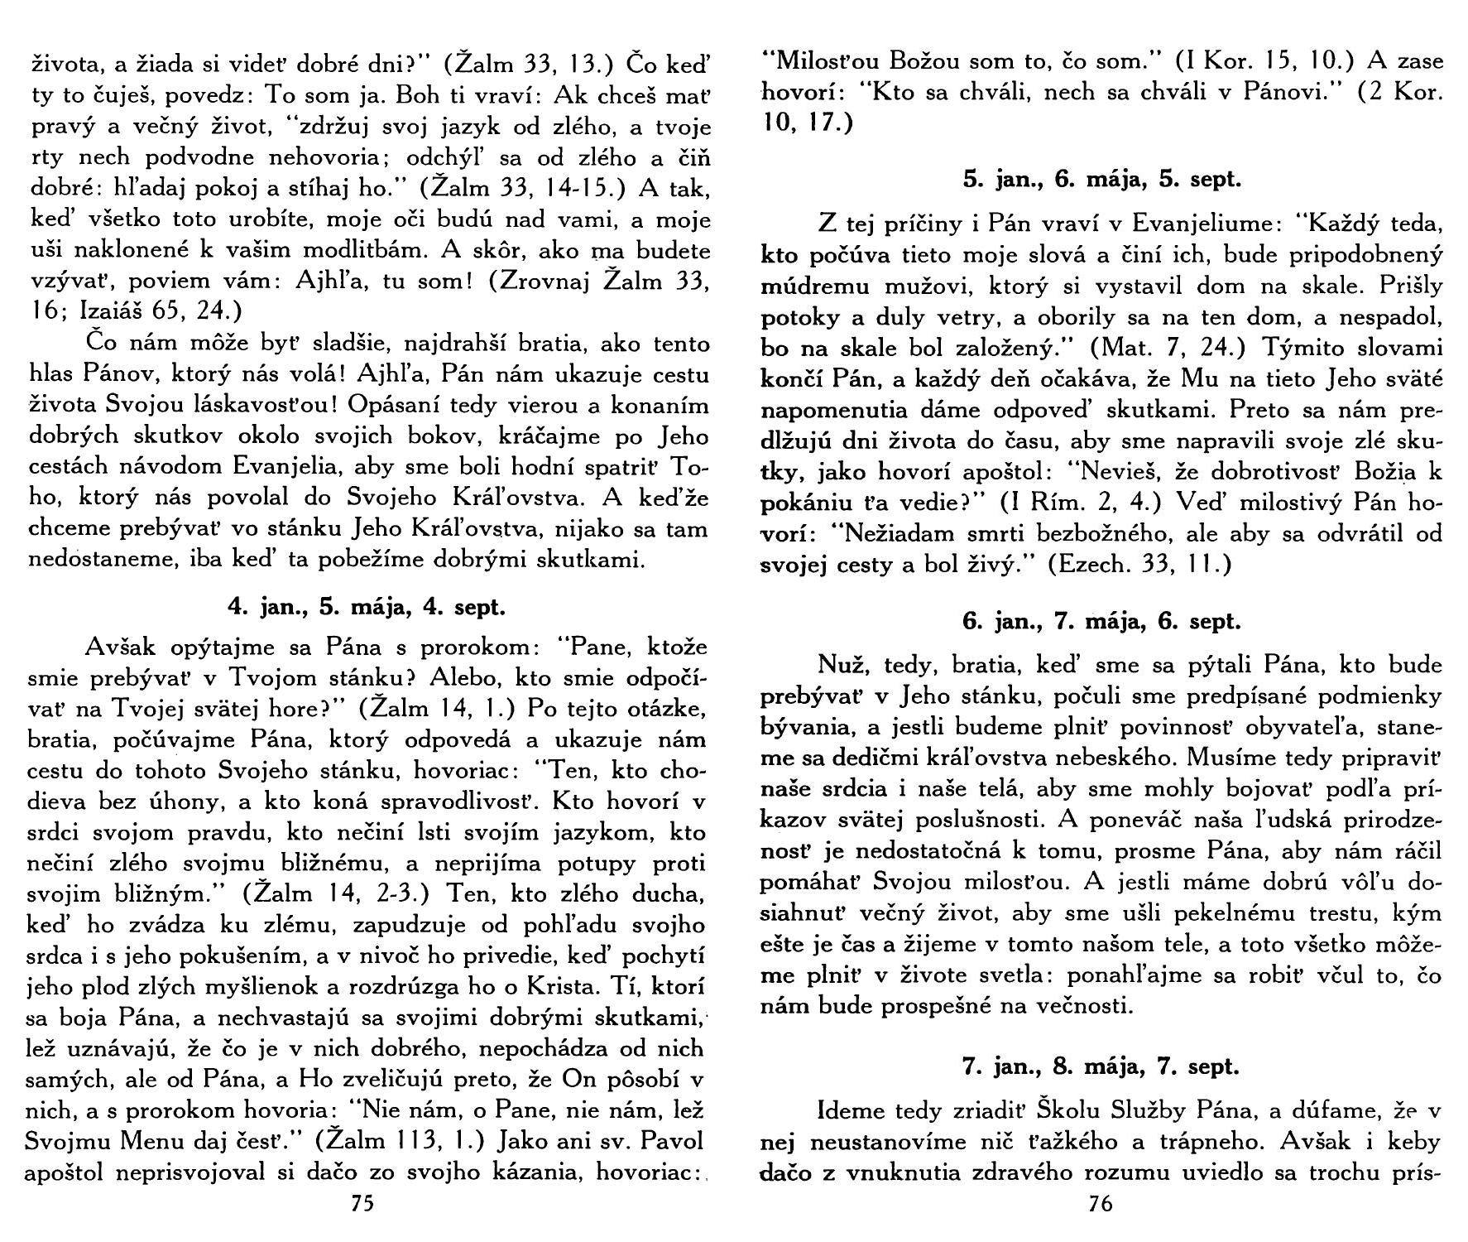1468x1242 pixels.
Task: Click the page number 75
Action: coord(363,1203)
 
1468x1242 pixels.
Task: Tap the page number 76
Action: coord(1101,1203)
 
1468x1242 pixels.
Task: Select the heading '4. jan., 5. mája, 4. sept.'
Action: coord(366,607)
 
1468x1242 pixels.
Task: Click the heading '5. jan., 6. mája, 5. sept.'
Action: coord(1101,179)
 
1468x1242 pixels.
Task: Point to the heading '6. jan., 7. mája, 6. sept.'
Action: coord(1101,621)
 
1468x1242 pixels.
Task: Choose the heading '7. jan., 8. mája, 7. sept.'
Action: coord(1101,1066)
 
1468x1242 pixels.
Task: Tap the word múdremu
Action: coord(813,286)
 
